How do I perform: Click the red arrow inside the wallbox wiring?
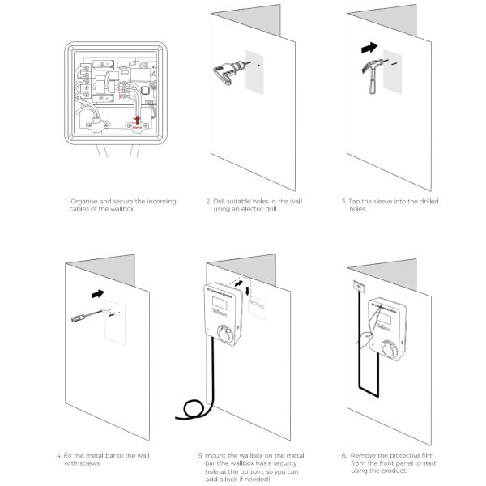click(x=139, y=120)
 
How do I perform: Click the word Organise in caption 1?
click(x=87, y=199)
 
